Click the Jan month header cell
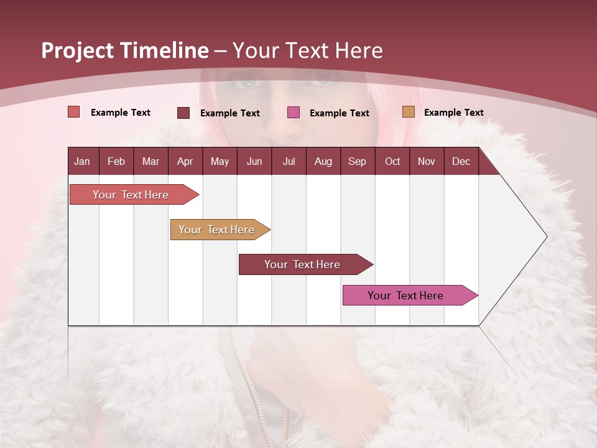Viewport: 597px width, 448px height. [x=83, y=161]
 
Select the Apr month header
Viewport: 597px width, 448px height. [x=185, y=161]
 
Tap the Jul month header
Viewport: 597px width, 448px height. [x=289, y=161]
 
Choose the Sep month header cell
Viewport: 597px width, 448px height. [x=358, y=161]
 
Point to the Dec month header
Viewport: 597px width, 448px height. [x=461, y=161]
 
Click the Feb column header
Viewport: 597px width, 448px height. [x=116, y=161]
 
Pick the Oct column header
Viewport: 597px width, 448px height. [x=392, y=161]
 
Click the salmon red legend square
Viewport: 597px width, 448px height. [x=74, y=112]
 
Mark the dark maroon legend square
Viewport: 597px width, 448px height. [x=183, y=113]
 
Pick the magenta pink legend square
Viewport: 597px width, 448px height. [x=294, y=113]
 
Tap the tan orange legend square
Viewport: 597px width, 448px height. [x=408, y=112]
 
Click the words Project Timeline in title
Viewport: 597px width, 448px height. [x=124, y=50]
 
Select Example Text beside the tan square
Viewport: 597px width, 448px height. [x=453, y=113]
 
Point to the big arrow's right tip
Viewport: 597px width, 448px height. [x=545, y=236]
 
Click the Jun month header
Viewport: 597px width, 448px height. [x=254, y=161]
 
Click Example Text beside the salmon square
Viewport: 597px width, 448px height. [x=121, y=113]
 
